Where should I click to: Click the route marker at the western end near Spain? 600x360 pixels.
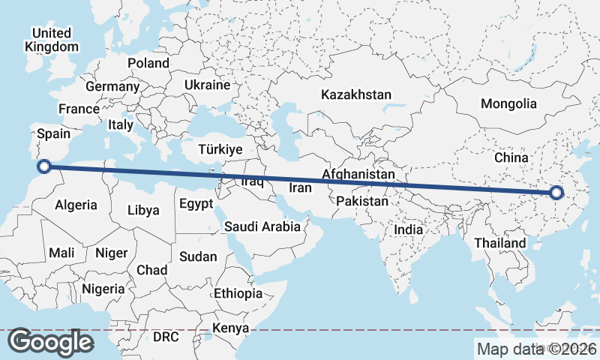(43, 166)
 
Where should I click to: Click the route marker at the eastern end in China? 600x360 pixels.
(556, 193)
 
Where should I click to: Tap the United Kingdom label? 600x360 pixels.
(51, 40)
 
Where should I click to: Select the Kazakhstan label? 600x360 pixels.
(356, 95)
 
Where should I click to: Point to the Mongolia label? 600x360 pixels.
(509, 103)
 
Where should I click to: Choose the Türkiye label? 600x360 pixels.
(220, 149)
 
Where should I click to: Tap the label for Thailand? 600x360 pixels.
(500, 244)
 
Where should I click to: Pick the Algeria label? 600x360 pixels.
(76, 205)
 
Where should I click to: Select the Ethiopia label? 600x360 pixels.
(238, 293)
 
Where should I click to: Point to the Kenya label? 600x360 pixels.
(230, 328)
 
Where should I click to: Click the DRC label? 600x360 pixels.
(166, 337)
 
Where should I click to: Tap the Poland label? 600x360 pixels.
(148, 63)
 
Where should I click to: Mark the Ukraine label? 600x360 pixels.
(207, 85)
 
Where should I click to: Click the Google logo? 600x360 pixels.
(50, 343)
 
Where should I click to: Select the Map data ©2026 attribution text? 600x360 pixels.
(536, 349)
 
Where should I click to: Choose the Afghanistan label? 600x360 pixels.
(358, 175)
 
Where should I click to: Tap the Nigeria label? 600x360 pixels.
(103, 289)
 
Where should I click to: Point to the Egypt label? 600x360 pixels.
(196, 204)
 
